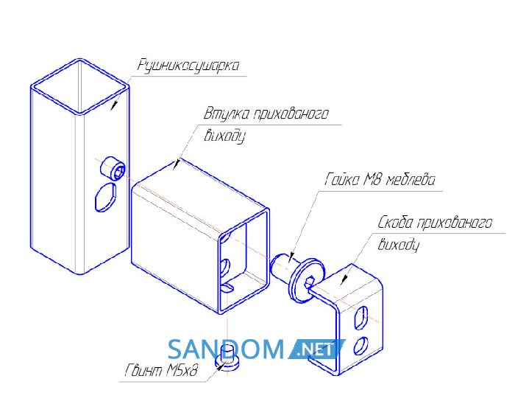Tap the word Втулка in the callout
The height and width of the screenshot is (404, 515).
coord(226,114)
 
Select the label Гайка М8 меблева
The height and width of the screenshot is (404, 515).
coord(380,180)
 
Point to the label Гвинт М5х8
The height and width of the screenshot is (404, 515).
coord(161,370)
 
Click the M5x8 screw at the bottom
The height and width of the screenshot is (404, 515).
coord(227,358)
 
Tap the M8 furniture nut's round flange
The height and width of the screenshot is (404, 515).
coord(306,280)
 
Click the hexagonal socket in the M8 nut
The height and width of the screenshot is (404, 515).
coord(310,282)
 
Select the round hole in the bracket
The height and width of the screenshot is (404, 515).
coord(360,346)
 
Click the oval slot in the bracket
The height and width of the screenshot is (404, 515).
coord(361,318)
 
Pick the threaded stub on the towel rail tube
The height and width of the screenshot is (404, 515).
coord(113,168)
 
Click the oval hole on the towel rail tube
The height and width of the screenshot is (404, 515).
coord(105,198)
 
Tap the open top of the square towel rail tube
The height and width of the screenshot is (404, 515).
coord(79,86)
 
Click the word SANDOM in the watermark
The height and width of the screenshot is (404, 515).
coord(226,349)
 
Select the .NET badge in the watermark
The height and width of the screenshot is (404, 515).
coord(316,349)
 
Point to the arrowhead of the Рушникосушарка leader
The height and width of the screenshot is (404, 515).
coord(114,105)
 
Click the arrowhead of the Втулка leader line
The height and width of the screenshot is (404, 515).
coord(177,164)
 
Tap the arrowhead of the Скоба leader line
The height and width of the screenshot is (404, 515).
coord(344,280)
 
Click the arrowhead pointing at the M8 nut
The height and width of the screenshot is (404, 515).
coord(291,257)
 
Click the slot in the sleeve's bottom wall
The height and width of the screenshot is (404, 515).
coord(227,288)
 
